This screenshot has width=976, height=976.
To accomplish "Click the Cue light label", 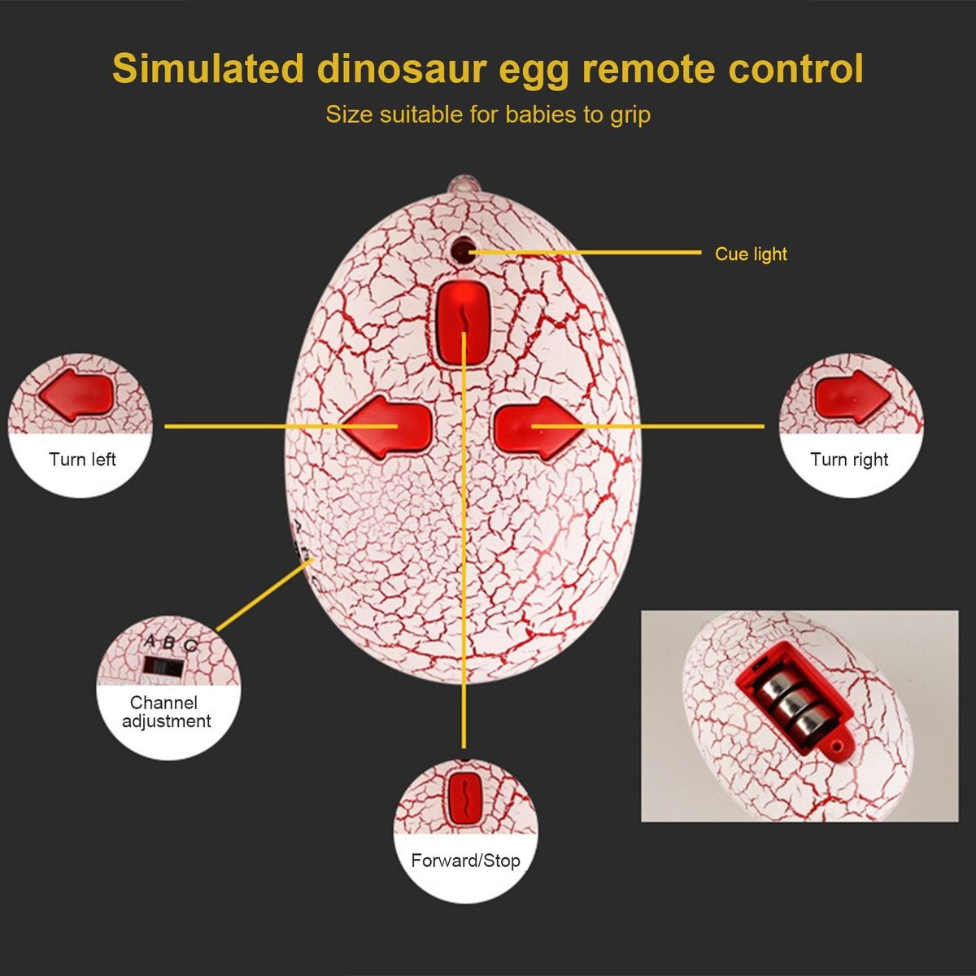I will (751, 254).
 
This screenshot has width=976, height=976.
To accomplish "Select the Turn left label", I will (82, 460).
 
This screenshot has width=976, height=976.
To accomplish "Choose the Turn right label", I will (849, 460).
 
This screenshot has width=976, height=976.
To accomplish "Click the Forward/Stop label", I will (465, 861).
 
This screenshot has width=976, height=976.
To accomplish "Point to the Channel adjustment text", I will (166, 712).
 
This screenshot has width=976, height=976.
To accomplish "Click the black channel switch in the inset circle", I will (163, 667).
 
